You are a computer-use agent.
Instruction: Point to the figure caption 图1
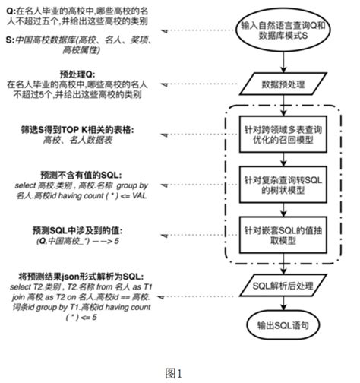click(x=179, y=372)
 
